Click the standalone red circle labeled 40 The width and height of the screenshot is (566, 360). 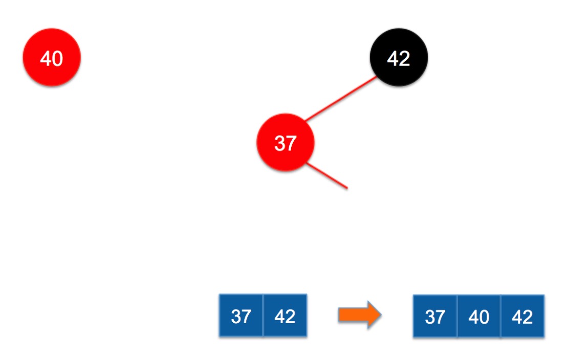pyautogui.click(x=52, y=58)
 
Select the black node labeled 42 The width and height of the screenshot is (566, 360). pyautogui.click(x=399, y=58)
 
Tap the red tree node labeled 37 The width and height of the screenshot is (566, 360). pyautogui.click(x=285, y=143)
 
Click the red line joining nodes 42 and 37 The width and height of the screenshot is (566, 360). pyautogui.click(x=340, y=99)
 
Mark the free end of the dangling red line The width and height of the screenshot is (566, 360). pyautogui.click(x=347, y=188)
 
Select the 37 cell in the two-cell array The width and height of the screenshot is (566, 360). pyautogui.click(x=241, y=316)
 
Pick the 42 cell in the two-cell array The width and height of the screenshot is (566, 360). pyautogui.click(x=285, y=316)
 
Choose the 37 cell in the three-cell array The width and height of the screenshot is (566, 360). pyautogui.click(x=435, y=317)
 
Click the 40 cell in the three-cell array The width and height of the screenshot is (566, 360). pyautogui.click(x=479, y=317)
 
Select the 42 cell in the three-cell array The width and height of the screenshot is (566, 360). pyautogui.click(x=523, y=317)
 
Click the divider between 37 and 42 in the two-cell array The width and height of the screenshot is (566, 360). pyautogui.click(x=263, y=316)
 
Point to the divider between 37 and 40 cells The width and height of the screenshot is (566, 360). pyautogui.click(x=457, y=317)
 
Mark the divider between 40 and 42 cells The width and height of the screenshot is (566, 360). pyautogui.click(x=500, y=317)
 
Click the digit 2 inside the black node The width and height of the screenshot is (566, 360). pyautogui.click(x=405, y=58)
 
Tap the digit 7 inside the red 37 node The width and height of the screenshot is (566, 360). pyautogui.click(x=291, y=143)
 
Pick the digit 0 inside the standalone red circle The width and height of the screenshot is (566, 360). pyautogui.click(x=57, y=59)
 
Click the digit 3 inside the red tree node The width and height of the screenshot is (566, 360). pyautogui.click(x=279, y=143)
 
